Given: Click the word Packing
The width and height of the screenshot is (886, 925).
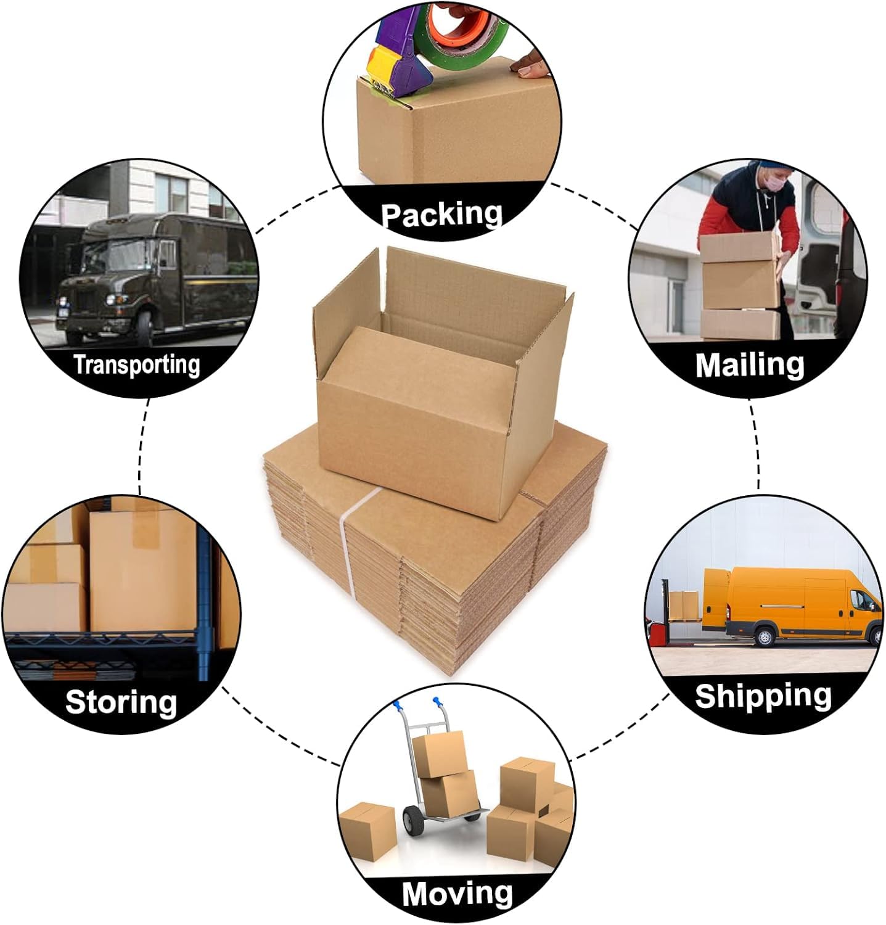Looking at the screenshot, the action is (441, 214).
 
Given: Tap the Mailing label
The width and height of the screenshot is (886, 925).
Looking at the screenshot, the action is (750, 364).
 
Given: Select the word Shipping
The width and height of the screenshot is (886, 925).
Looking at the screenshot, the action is (763, 696).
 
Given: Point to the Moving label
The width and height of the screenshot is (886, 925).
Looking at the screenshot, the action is (457, 892).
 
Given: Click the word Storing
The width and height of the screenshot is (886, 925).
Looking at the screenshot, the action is (121, 702).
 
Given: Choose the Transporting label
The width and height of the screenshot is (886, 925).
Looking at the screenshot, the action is (137, 364).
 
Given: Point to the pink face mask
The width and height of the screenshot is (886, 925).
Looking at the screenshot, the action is (776, 182).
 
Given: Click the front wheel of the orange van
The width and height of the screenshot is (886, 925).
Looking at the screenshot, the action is (765, 635).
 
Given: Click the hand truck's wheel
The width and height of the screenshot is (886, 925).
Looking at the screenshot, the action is (414, 821).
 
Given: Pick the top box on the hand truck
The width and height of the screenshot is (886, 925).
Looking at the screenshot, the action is (438, 754).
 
